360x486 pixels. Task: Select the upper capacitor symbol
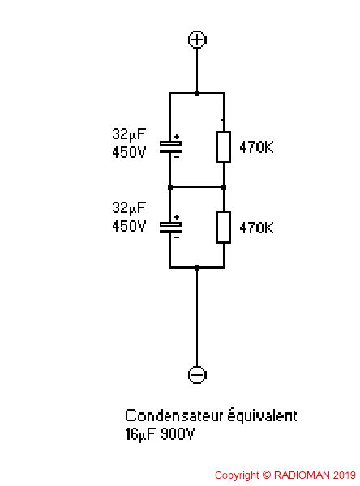[x=170, y=147]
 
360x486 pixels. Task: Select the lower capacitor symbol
[x=170, y=228]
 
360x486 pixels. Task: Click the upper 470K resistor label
[x=256, y=147]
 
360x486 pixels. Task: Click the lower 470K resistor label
[x=256, y=228]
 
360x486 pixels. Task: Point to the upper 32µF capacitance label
[x=129, y=134]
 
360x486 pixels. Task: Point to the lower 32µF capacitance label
[x=129, y=207]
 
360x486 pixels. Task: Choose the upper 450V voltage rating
[x=129, y=152]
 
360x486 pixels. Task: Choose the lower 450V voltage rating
[x=129, y=226]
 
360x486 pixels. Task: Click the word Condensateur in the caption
[x=174, y=416]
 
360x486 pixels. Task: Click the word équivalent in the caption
[x=263, y=416]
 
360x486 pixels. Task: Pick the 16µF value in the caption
[x=140, y=434]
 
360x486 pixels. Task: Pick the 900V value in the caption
[x=178, y=434]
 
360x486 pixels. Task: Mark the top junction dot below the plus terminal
[x=197, y=92]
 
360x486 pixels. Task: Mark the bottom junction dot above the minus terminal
[x=197, y=267]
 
